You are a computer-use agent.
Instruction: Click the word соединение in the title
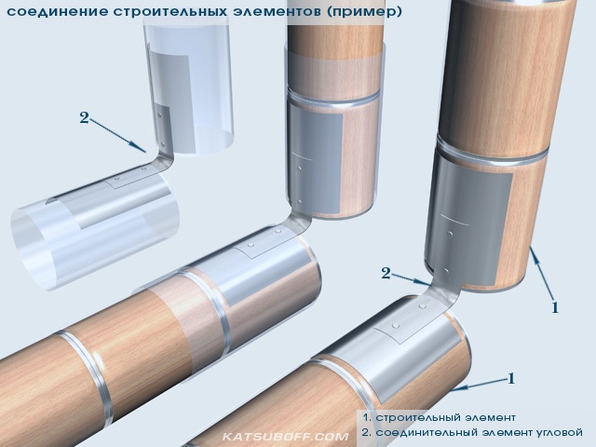[x=57, y=11]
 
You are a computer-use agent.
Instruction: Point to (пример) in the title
[x=364, y=11]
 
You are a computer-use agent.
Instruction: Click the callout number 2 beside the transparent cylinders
[x=84, y=117]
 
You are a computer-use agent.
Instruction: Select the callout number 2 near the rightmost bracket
[x=386, y=273]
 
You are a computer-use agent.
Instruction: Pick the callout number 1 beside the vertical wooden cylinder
[x=555, y=307]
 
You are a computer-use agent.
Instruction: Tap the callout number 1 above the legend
[x=511, y=378]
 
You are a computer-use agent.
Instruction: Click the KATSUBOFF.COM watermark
[x=285, y=437]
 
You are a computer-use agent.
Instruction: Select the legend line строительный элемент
[x=440, y=417]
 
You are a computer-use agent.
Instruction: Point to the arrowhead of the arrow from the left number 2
[x=142, y=148]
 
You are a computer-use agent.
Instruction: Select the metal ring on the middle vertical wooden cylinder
[x=332, y=98]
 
